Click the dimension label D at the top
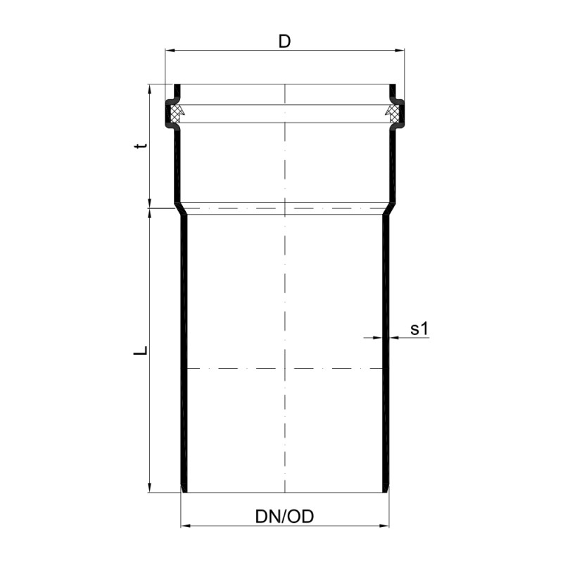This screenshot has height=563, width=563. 284,42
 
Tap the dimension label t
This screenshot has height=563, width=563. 141,146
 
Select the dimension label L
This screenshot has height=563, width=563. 141,350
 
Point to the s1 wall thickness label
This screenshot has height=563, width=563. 419,329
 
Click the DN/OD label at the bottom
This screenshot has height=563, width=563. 284,517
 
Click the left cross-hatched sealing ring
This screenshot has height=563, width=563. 175,113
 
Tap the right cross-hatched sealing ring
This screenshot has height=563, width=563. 393,113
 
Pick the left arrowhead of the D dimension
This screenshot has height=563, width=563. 170,51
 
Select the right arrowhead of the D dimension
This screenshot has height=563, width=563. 399,51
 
